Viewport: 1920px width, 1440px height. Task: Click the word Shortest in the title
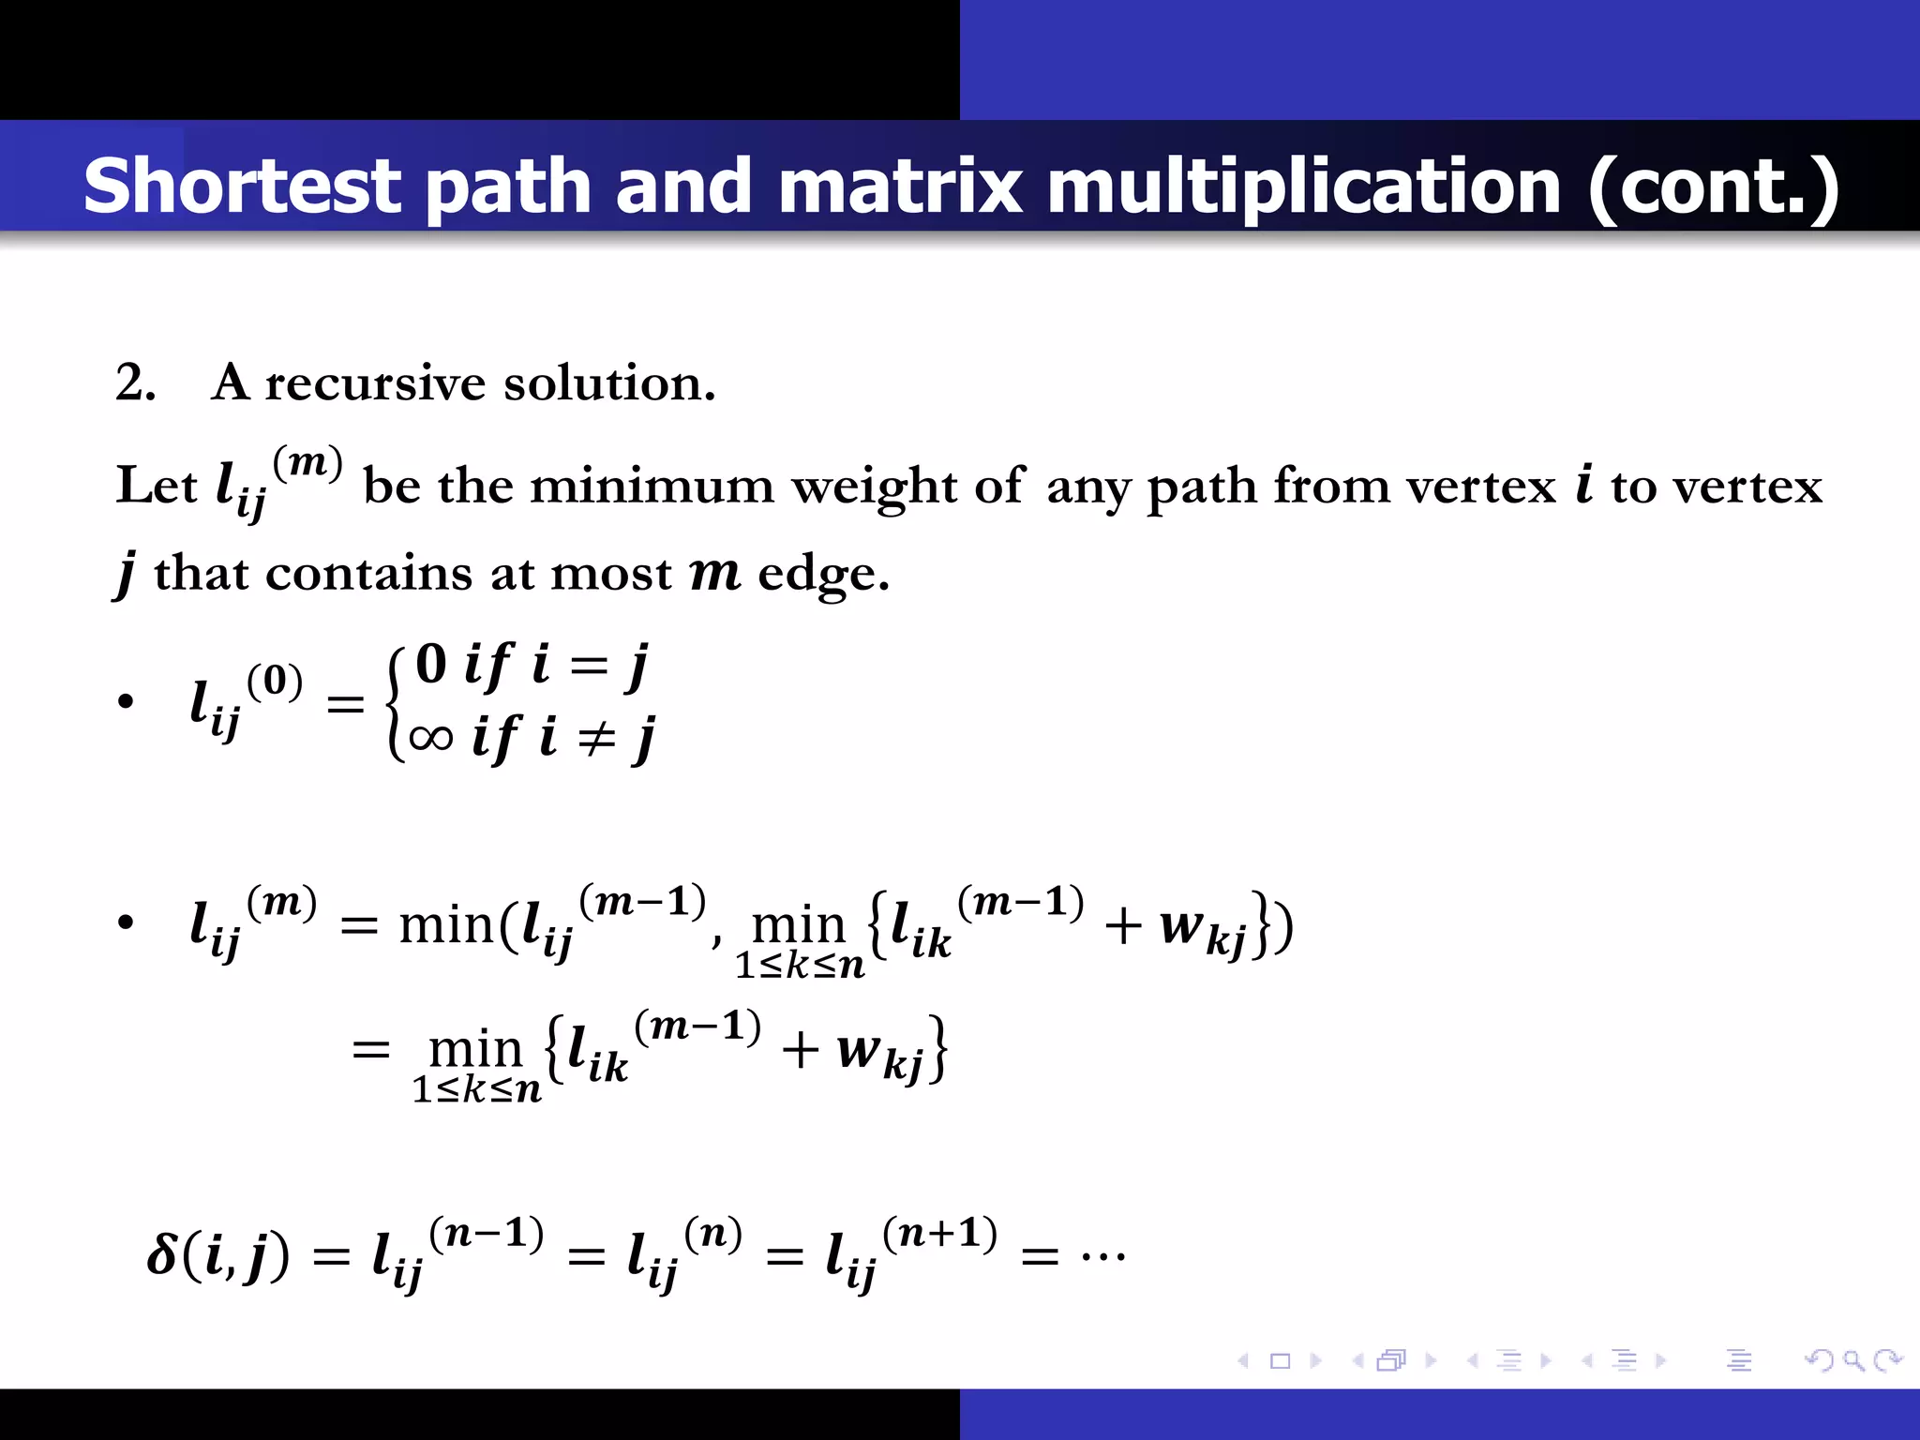click(243, 186)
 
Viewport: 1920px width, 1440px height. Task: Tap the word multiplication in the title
click(1303, 186)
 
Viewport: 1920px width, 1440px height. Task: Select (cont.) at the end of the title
click(1714, 186)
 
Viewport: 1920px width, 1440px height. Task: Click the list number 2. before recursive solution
click(135, 383)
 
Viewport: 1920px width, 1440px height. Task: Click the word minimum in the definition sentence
click(652, 486)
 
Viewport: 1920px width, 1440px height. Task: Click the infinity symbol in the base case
click(430, 738)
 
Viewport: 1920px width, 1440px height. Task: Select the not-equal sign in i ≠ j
click(595, 739)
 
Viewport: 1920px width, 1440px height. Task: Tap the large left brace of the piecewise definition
click(396, 702)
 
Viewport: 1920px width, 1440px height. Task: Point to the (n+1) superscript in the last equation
click(939, 1234)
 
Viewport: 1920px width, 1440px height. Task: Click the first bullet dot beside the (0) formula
click(126, 702)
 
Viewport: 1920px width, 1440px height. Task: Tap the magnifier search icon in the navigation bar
click(1852, 1359)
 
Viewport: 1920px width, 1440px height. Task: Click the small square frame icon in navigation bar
click(1280, 1360)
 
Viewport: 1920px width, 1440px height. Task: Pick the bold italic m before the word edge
click(714, 574)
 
